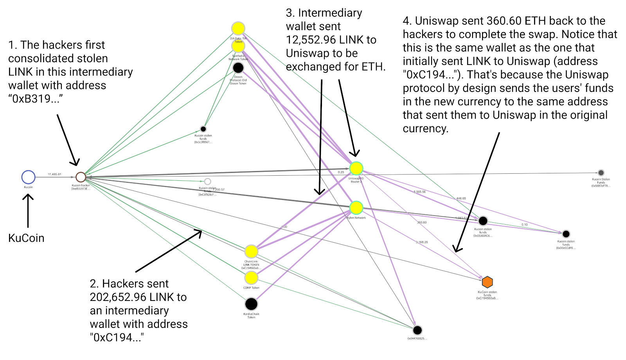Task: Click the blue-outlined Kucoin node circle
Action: coord(28,177)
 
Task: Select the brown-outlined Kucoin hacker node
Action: coord(81,177)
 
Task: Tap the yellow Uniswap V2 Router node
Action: coord(356,168)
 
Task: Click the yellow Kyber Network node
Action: coord(356,208)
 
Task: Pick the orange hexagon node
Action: coord(487,282)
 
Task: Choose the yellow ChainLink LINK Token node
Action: coord(251,252)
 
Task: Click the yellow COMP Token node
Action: coord(251,278)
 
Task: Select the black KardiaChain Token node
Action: coord(251,304)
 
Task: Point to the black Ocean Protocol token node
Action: coord(238,68)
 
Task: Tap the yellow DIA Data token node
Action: coord(238,28)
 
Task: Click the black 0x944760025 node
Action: coord(417,330)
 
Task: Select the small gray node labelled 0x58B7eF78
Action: coord(601,173)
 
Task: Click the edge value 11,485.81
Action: coord(54,174)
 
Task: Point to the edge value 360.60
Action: coord(422,222)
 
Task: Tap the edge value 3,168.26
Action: coord(422,242)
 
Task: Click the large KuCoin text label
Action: coord(26,238)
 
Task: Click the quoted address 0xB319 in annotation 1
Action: coord(35,99)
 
